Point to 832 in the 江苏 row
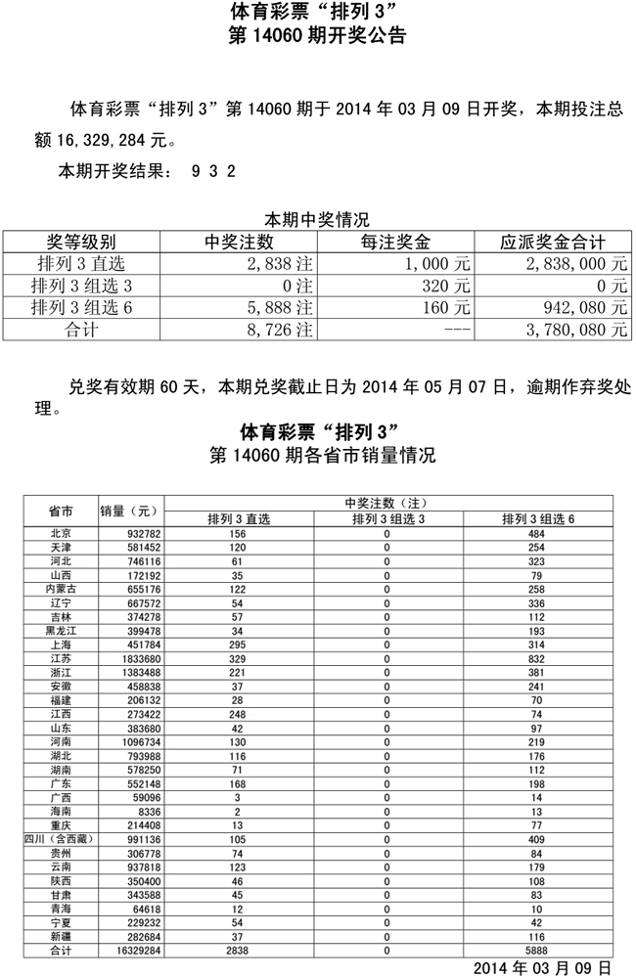pos(536,662)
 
